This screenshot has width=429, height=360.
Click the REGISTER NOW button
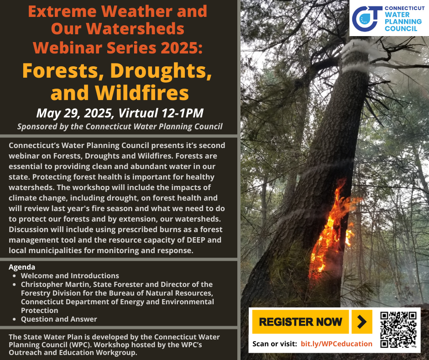(x=300, y=322)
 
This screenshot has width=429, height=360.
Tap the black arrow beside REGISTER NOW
(x=362, y=322)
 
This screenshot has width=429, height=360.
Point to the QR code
(x=398, y=329)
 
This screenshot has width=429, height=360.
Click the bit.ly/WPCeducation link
(x=336, y=344)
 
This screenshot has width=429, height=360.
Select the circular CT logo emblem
(x=366, y=19)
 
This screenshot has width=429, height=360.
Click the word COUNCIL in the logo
(x=401, y=28)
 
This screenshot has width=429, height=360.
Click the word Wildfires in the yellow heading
(x=142, y=93)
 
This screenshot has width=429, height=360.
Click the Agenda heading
(x=22, y=267)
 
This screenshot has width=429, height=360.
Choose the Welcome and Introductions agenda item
(x=70, y=275)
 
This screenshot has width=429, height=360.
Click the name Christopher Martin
(x=55, y=284)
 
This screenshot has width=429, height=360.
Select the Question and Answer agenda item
(x=59, y=319)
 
